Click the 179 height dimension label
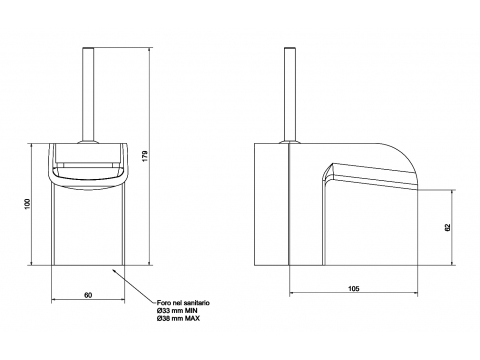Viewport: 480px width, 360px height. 144,156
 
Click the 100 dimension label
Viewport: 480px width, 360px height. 27,204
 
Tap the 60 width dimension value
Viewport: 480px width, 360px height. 88,295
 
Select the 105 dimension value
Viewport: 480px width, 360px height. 354,289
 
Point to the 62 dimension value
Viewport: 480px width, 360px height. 448,227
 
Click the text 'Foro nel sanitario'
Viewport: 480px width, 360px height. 183,303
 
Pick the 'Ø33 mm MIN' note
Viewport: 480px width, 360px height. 178,311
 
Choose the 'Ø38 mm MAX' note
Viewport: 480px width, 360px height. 179,319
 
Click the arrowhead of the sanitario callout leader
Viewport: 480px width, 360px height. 113,271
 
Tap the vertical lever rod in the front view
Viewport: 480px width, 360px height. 89,95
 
